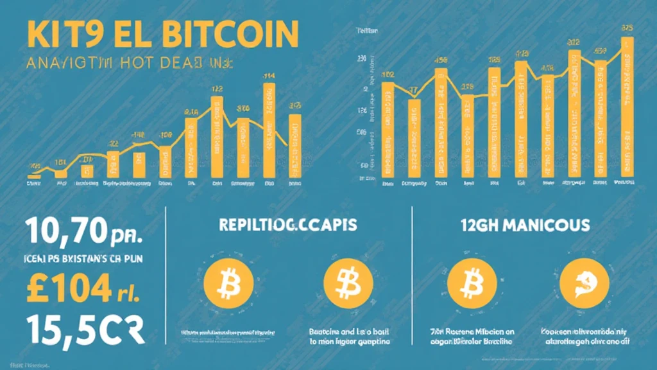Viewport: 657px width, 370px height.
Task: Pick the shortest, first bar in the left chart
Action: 35,174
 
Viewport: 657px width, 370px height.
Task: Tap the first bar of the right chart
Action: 388,128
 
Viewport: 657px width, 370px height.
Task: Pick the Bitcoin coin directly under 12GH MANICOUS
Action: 473,281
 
